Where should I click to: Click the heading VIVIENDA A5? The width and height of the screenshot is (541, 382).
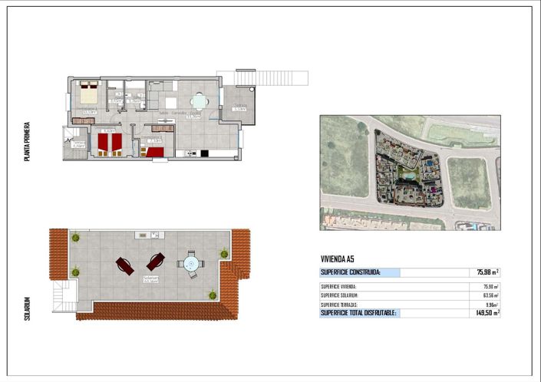338,259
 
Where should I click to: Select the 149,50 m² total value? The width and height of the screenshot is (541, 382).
487,313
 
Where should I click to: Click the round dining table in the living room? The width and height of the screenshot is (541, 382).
200,101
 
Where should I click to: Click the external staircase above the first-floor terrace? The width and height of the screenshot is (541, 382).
272,78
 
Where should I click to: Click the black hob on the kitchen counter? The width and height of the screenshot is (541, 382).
203,153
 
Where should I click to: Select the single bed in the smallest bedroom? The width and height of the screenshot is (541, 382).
156,151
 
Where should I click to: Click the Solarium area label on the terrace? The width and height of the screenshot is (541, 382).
150,278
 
